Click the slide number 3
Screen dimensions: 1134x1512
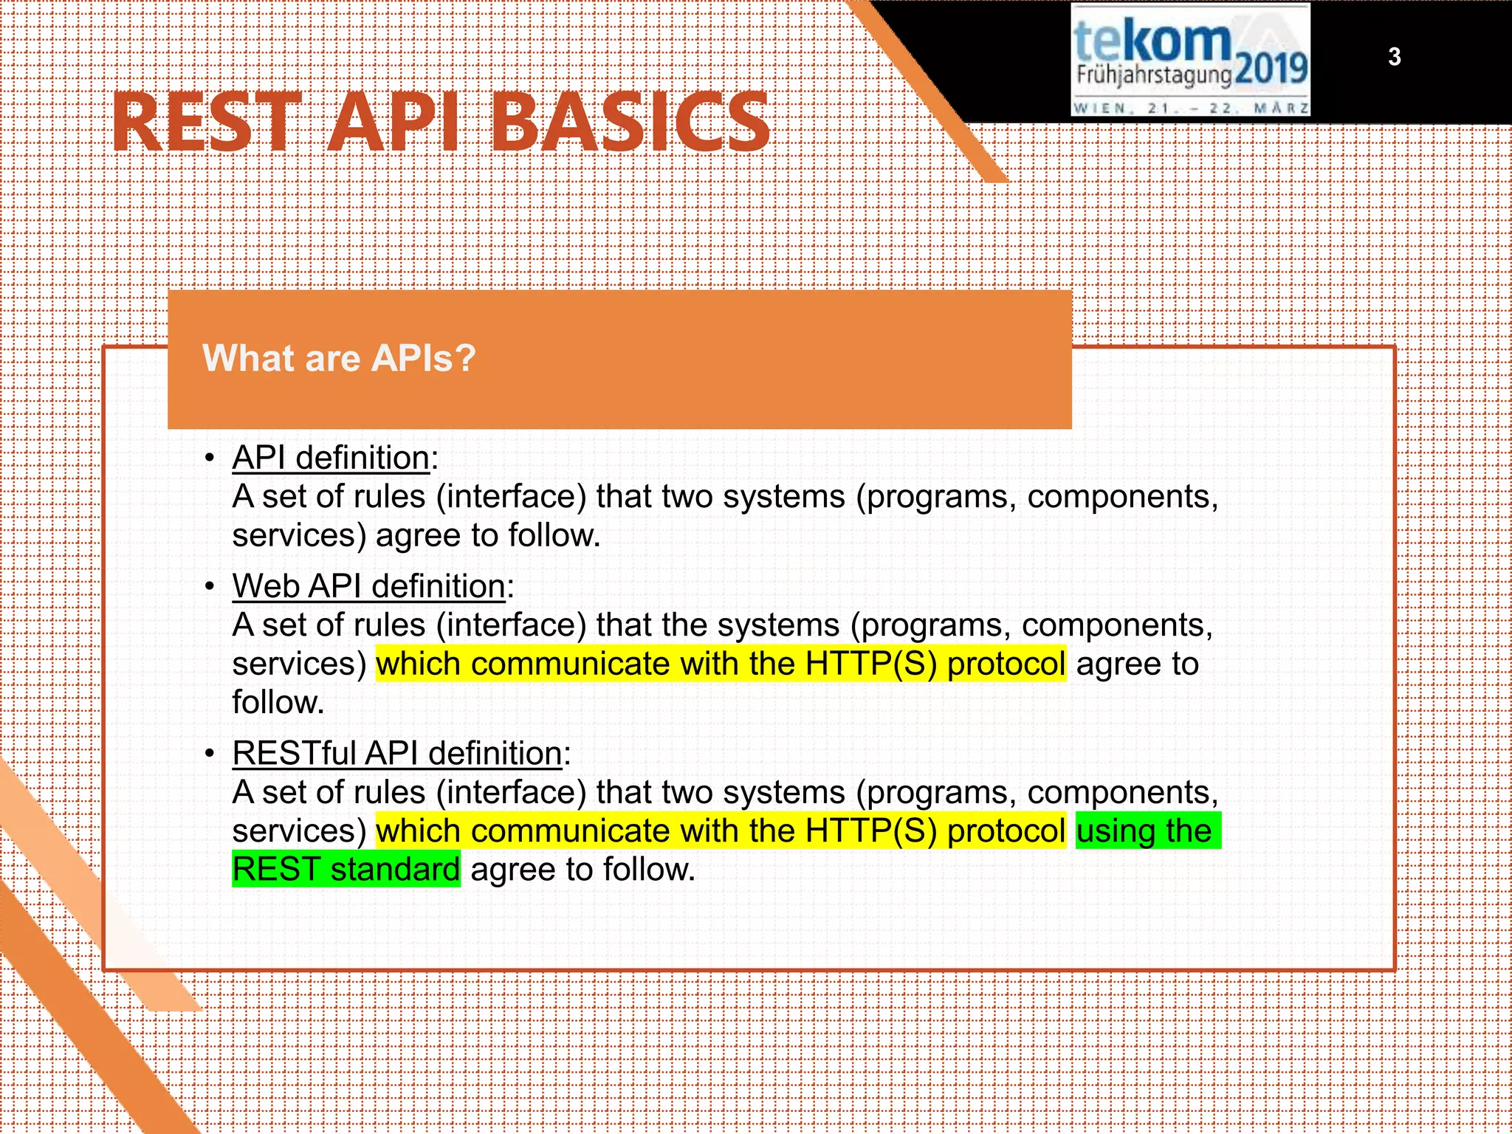[1394, 57]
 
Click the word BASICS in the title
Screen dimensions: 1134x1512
[630, 122]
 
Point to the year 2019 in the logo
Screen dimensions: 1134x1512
[1271, 71]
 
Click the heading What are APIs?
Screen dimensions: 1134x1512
[339, 358]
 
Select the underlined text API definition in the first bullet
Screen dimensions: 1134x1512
[331, 458]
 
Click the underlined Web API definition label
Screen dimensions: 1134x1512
[369, 586]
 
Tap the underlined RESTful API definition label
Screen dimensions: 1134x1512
[397, 754]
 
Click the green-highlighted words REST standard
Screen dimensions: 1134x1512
[346, 869]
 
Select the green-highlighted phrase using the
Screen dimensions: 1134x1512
[1144, 831]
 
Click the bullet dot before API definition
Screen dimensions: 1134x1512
[210, 458]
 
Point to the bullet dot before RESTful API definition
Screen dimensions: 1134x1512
[210, 755]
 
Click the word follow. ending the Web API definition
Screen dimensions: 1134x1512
[278, 702]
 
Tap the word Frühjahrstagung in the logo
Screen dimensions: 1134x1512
[1153, 75]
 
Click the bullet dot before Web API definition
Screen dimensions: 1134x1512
[210, 587]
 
